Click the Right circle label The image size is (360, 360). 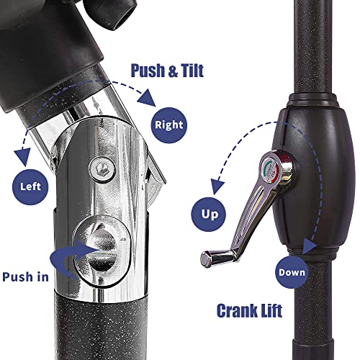169,125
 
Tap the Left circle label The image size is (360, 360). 30,186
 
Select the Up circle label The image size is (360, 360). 208,215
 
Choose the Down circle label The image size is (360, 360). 292,272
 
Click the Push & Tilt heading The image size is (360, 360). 167,71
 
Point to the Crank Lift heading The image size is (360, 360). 249,310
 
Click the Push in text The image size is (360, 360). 25,276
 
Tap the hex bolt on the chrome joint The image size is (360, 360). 102,168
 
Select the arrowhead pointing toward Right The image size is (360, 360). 147,99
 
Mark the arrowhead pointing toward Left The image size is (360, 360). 23,156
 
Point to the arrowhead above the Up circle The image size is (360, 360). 217,186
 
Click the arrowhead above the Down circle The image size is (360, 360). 309,246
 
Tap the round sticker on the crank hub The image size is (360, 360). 270,168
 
